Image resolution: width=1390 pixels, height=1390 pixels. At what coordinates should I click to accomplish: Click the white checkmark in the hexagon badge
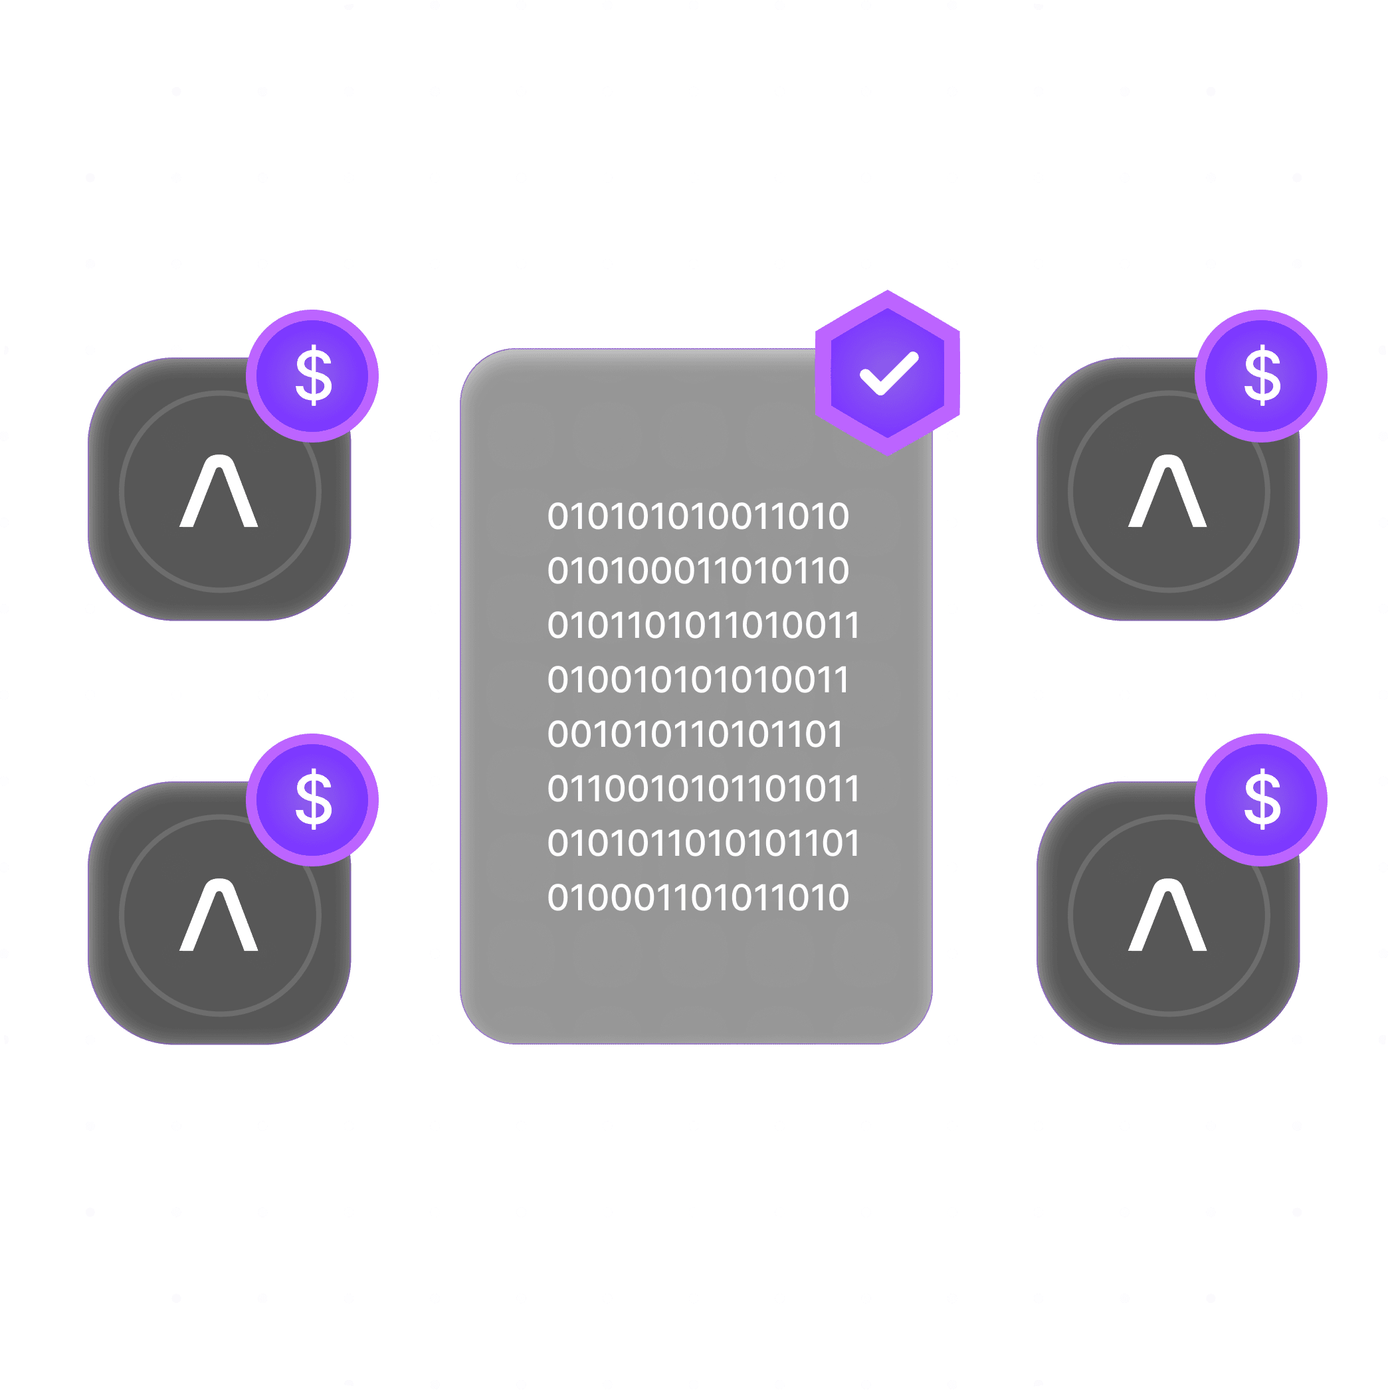[889, 373]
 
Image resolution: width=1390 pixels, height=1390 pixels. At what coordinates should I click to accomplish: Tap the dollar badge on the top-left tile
[312, 375]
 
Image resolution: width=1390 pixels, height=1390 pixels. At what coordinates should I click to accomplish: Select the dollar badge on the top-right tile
[1261, 375]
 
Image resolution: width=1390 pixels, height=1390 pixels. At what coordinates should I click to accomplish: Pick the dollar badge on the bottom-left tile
[312, 799]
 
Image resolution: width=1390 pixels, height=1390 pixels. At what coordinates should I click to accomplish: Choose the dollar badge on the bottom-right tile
[1261, 799]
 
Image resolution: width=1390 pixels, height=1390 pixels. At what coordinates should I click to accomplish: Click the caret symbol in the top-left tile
[219, 492]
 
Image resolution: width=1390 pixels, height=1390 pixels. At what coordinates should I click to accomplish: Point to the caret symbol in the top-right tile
[1167, 492]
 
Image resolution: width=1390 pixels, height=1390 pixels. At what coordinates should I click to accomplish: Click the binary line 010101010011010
[698, 516]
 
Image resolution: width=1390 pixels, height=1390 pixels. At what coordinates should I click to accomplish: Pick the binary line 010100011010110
[698, 571]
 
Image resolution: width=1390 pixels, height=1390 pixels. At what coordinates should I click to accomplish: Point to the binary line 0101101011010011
[703, 625]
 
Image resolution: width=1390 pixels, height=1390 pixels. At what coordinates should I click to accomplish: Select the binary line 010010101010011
[698, 680]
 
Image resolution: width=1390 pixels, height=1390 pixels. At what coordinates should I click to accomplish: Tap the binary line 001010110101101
[695, 735]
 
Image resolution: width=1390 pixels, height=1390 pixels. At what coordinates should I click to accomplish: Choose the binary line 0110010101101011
[703, 789]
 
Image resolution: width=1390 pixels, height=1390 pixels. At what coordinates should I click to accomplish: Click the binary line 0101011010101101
[703, 843]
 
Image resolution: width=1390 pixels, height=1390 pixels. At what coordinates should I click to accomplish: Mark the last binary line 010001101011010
[698, 898]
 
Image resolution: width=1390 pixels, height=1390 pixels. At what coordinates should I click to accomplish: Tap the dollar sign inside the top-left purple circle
[314, 375]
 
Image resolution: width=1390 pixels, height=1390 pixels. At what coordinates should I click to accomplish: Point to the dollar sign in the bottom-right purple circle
[1262, 799]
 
